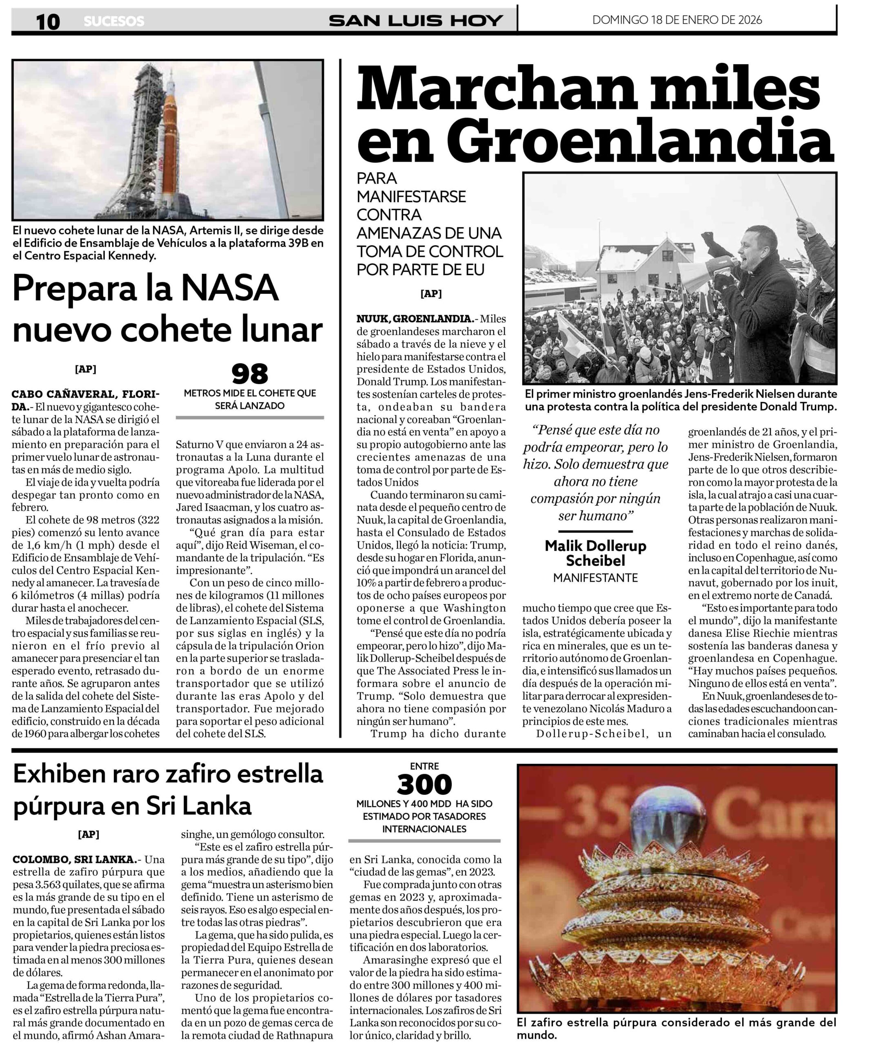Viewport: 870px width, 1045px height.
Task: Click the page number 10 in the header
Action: (48, 21)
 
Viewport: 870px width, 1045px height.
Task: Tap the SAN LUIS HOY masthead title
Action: (416, 21)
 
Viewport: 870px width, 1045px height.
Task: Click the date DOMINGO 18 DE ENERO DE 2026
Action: (677, 20)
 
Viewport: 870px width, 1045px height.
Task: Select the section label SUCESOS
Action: (114, 21)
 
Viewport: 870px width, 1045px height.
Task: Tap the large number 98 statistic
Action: (250, 374)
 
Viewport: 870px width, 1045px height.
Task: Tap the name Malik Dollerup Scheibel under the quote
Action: (595, 552)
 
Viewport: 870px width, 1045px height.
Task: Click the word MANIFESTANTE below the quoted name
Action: (595, 578)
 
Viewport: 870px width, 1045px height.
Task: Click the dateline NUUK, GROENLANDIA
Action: (415, 318)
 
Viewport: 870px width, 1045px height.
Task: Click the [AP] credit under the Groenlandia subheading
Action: (431, 293)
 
